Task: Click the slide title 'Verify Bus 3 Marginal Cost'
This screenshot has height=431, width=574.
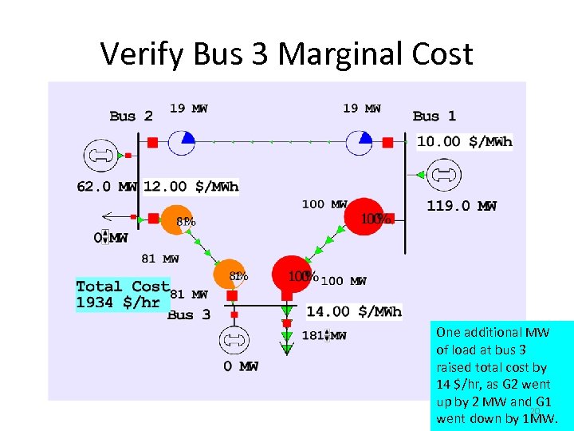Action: coord(287,53)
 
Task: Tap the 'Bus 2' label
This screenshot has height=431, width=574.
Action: coord(132,116)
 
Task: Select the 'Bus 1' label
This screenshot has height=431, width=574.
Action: coord(434,116)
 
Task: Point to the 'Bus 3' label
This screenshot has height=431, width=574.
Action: coord(189,314)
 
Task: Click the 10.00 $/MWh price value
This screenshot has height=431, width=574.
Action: coord(465,142)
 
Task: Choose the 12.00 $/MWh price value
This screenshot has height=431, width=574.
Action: coord(191,187)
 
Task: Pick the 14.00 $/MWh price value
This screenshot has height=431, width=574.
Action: coord(354,311)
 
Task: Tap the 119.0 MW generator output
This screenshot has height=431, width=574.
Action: coord(462,206)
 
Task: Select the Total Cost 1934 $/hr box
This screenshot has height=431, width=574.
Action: coord(123,294)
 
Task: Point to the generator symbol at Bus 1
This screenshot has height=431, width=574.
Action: coord(439,175)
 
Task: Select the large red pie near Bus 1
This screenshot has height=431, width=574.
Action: coord(367,216)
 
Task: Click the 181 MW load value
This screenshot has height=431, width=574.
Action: coord(324,336)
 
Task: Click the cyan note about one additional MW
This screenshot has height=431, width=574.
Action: coord(501,375)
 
